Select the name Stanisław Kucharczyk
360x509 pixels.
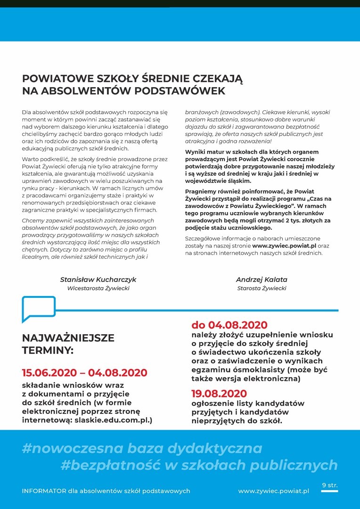(98, 279)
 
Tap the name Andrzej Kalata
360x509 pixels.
(262, 279)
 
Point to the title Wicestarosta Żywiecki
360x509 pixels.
(98, 288)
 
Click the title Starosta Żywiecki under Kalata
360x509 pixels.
(262, 288)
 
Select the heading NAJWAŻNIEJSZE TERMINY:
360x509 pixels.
(68, 344)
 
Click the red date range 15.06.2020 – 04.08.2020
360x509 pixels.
(84, 373)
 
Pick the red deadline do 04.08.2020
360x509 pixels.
(229, 325)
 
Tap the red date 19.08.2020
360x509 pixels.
(219, 394)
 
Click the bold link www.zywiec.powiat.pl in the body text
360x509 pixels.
(284, 246)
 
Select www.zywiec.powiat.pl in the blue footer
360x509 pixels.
(274, 491)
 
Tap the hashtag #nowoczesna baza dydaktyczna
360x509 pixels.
(142, 447)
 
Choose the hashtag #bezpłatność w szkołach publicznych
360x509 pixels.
(199, 466)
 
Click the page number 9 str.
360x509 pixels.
(330, 484)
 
